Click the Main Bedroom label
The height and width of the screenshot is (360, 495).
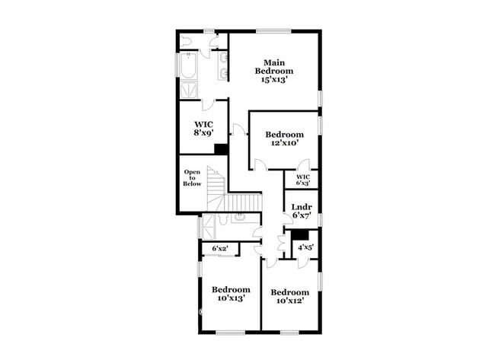tap(274, 66)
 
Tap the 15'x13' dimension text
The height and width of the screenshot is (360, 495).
tap(273, 79)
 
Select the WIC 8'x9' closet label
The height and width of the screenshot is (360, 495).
tap(203, 129)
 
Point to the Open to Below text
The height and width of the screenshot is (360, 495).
tap(192, 177)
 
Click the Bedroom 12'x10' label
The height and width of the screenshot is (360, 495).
tap(285, 139)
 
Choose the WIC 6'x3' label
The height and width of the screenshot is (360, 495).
tap(303, 180)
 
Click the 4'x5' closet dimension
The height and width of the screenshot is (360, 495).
tap(305, 247)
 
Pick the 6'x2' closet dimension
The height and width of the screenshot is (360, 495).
tap(220, 249)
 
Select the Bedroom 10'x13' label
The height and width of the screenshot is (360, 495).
tap(231, 294)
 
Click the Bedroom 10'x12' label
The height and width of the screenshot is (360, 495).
tap(290, 296)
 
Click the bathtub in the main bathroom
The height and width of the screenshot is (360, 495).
tap(188, 65)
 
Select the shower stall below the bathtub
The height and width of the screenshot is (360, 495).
tap(189, 89)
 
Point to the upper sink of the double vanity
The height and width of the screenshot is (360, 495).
tap(224, 58)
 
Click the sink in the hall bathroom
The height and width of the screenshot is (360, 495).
tap(238, 217)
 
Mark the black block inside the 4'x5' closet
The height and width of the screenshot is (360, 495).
tap(299, 235)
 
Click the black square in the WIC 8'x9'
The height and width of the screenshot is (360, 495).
tap(221, 149)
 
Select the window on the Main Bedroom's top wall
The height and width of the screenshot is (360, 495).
tap(273, 31)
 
